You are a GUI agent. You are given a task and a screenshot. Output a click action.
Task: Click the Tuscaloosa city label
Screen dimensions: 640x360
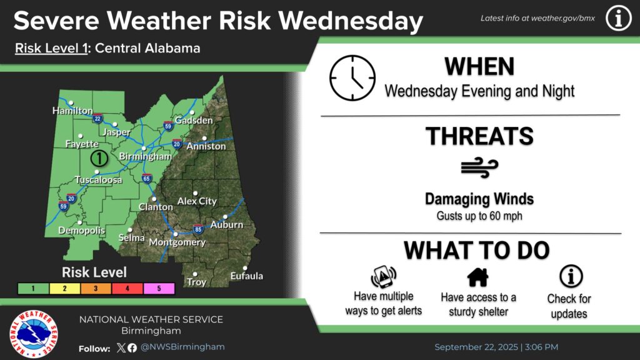(98, 179)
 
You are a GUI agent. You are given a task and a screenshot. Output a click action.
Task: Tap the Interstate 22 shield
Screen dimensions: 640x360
(97, 119)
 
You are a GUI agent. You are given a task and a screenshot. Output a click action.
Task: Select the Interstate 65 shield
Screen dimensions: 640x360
(146, 178)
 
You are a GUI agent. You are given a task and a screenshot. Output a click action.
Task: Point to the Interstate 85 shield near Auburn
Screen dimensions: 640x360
(198, 229)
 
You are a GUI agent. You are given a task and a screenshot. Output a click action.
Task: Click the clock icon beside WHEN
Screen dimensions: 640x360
(352, 78)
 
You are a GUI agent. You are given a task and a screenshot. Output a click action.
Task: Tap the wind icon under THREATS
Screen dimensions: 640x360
(479, 167)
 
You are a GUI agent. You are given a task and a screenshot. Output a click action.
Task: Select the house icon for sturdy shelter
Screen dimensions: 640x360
(478, 277)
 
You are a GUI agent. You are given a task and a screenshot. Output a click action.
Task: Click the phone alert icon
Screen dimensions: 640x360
(383, 277)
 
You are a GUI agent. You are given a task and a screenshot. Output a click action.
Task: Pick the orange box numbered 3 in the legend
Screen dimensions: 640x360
(96, 289)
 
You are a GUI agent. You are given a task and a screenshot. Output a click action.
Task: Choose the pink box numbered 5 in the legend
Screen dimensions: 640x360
(159, 289)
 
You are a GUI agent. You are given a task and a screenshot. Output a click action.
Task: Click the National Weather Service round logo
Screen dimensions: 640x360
(34, 334)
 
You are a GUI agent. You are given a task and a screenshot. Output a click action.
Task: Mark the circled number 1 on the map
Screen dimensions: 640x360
(99, 158)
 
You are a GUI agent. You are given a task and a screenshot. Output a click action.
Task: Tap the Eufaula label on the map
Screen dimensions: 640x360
(246, 276)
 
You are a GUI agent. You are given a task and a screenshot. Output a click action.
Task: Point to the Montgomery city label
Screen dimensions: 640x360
(177, 242)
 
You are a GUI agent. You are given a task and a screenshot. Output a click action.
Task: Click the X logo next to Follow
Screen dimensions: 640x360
(121, 347)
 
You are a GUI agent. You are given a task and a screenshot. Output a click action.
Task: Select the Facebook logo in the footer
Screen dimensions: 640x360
(132, 347)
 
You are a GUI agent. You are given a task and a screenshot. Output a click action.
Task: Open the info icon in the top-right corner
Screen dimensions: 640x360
(618, 18)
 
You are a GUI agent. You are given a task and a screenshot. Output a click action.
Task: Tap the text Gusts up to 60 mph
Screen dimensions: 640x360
(479, 216)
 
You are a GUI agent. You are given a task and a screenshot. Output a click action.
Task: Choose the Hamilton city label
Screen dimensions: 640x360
(72, 111)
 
